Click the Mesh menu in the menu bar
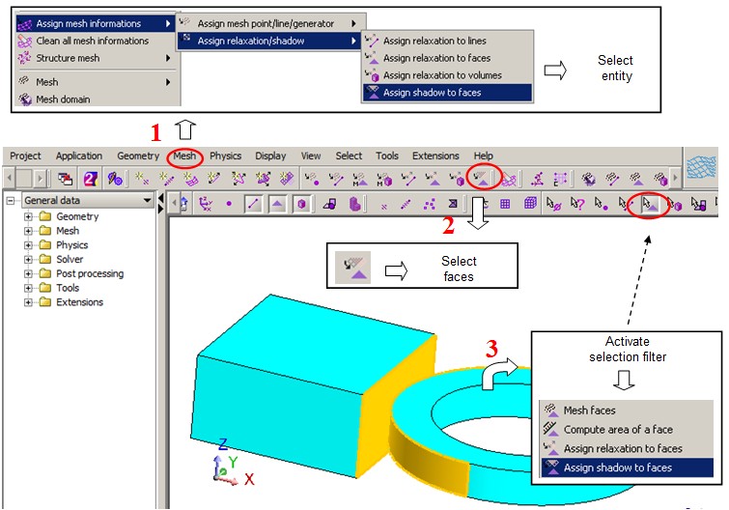tap(184, 156)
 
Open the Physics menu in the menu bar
tap(226, 156)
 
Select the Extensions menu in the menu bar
tap(435, 156)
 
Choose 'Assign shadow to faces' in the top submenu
tap(432, 93)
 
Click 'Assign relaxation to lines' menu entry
tap(435, 41)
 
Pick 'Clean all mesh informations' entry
tap(93, 41)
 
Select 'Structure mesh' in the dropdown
tap(68, 58)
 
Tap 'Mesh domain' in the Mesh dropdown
tap(63, 99)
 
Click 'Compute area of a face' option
tap(618, 430)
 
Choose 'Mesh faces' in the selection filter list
tap(590, 411)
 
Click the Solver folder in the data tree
tap(70, 259)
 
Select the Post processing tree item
tap(90, 273)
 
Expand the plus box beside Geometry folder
tap(28, 216)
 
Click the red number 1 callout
tap(155, 133)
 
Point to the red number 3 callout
tap(491, 349)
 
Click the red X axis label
tap(249, 479)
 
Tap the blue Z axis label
tap(223, 444)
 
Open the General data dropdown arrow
tap(148, 200)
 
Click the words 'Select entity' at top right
tap(616, 68)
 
